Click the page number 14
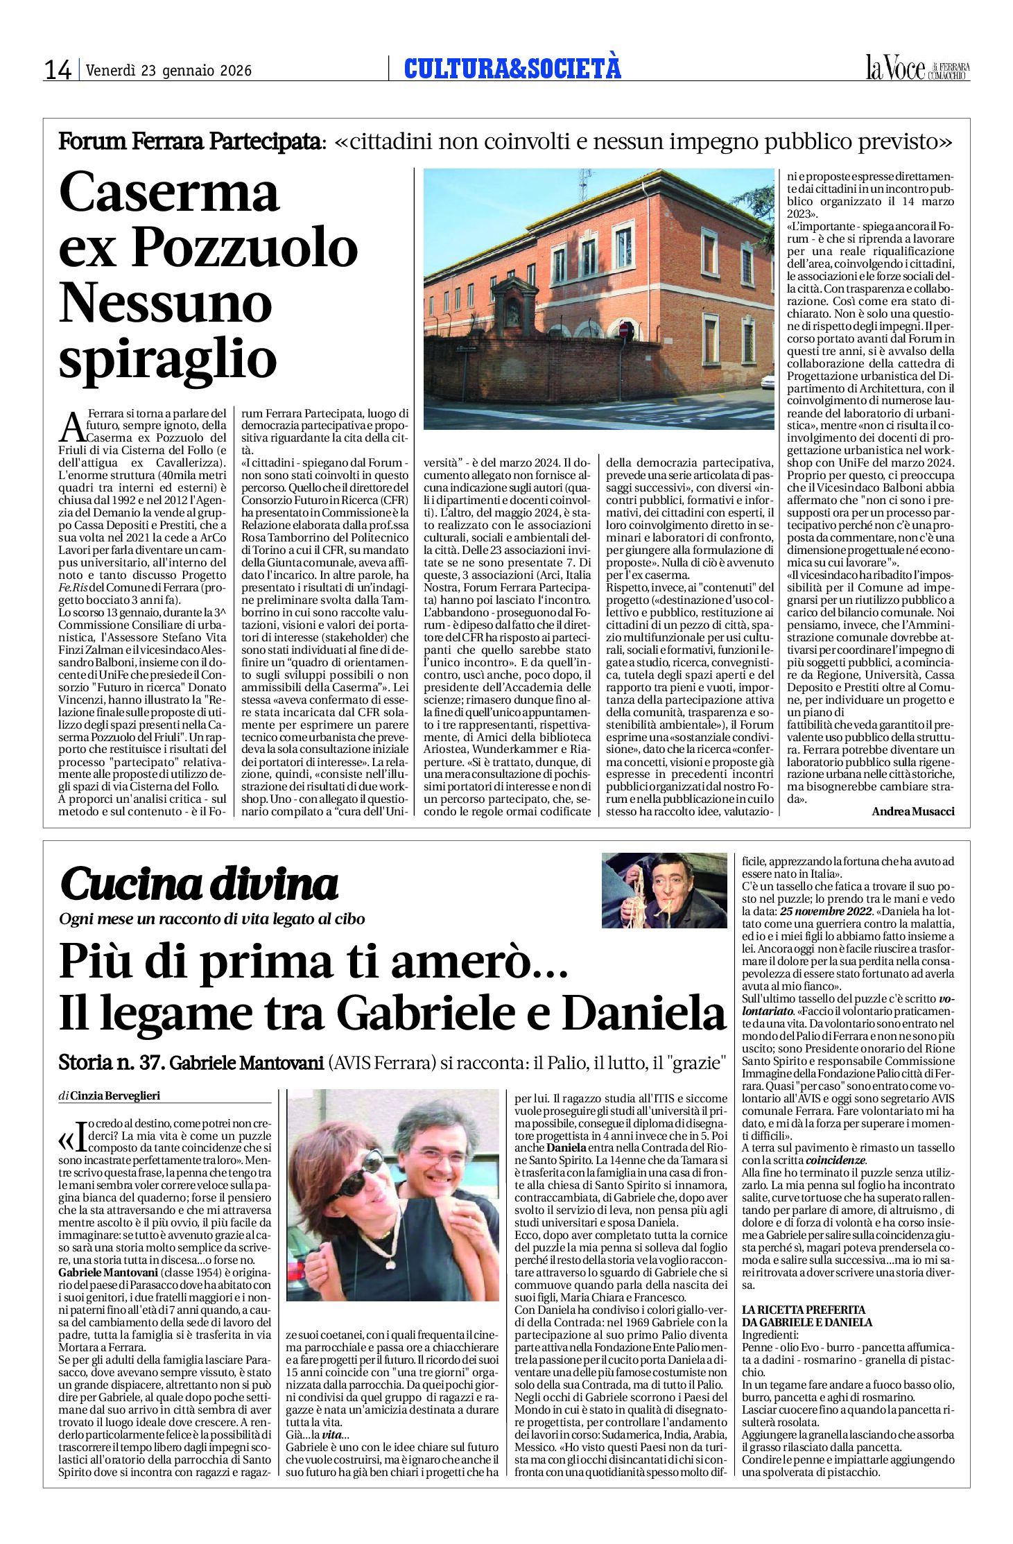tap(58, 70)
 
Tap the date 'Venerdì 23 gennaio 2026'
tap(168, 71)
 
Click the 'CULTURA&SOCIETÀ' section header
tap(512, 69)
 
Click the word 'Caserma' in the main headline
tap(169, 194)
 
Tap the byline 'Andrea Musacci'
tap(912, 811)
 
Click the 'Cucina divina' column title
tap(199, 885)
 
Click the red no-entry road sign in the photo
tap(623, 330)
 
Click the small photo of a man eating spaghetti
tap(664, 890)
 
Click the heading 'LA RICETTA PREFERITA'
tap(804, 1310)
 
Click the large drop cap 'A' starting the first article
tap(71, 427)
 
